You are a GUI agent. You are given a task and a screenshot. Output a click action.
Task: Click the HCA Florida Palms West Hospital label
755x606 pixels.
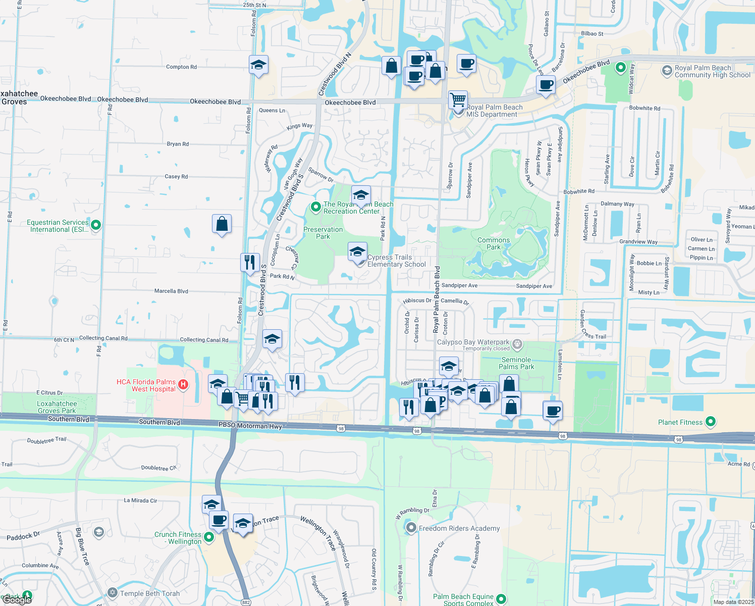[146, 385]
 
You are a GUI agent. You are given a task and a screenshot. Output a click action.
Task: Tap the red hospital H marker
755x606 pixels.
[184, 385]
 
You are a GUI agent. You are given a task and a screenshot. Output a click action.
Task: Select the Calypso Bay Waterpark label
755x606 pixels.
[473, 342]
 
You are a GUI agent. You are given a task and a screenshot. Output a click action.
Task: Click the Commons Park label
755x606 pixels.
[494, 243]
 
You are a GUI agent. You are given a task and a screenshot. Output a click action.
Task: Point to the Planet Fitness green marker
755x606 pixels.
[711, 421]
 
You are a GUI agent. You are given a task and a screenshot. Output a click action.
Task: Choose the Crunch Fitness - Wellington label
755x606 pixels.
[178, 538]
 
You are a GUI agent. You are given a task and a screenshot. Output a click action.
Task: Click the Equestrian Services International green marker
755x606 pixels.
[96, 225]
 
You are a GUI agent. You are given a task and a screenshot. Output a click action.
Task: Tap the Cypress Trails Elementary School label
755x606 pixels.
[397, 261]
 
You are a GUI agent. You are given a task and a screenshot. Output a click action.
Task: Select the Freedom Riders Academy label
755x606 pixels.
[459, 528]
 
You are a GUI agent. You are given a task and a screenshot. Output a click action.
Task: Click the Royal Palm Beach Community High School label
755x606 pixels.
[712, 71]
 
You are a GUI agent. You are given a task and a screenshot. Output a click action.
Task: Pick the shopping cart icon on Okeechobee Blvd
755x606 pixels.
[458, 99]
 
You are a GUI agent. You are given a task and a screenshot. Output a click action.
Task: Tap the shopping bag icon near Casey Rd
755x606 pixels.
[222, 224]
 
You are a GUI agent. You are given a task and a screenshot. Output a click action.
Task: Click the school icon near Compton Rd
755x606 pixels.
[258, 65]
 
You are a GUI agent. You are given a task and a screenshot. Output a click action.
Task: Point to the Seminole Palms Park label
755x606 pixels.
[516, 363]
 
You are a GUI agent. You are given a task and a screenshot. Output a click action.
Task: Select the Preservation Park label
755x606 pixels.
[323, 233]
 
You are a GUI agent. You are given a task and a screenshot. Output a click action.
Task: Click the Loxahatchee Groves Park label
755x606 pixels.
[57, 407]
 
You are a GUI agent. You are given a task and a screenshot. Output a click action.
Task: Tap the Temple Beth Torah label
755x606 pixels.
[149, 593]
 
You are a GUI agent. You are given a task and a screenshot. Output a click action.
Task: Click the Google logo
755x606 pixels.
[17, 600]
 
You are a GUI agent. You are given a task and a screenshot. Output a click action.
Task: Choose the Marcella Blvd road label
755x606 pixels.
[171, 291]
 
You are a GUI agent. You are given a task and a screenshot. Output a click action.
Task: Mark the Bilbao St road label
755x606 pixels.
[592, 34]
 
